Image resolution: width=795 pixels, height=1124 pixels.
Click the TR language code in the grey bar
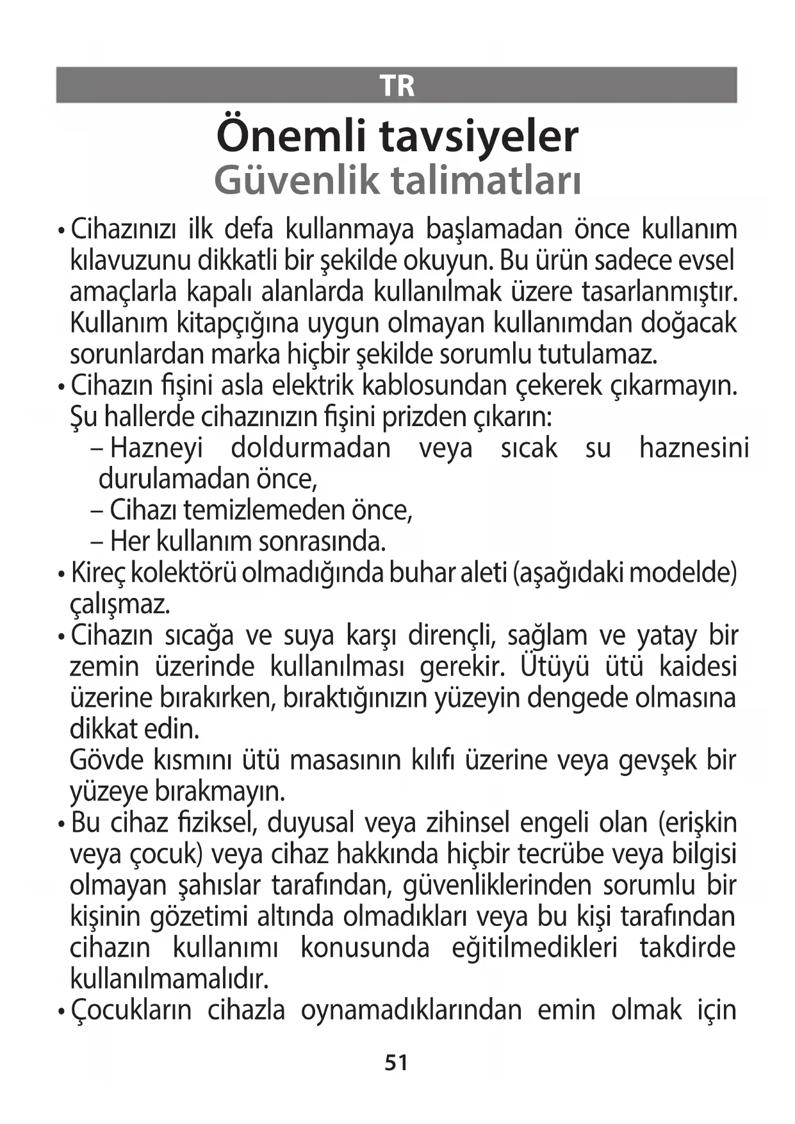click(x=397, y=85)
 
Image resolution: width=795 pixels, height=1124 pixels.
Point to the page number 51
click(x=397, y=1063)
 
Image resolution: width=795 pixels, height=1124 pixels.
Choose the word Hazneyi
click(x=156, y=448)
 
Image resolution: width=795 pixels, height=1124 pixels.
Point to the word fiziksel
click(x=219, y=823)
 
